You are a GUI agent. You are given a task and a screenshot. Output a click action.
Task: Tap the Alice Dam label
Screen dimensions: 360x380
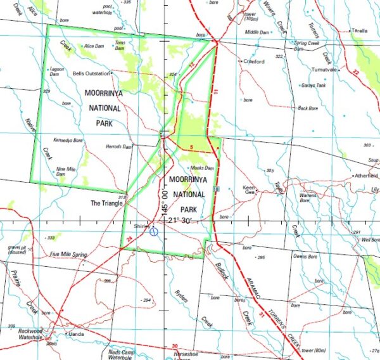point(93,46)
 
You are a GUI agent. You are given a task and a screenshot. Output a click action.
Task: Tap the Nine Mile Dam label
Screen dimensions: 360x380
point(66,171)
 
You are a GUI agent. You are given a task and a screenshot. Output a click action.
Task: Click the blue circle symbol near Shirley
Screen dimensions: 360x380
point(154,232)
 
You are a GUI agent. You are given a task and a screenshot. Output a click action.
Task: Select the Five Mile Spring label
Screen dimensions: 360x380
point(68,254)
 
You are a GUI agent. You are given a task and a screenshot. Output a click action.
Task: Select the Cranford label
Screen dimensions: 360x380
point(253,61)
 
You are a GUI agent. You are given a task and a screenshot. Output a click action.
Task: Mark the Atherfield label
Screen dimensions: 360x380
point(365,176)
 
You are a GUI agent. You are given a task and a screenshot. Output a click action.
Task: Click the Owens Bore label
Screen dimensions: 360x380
point(304,256)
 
